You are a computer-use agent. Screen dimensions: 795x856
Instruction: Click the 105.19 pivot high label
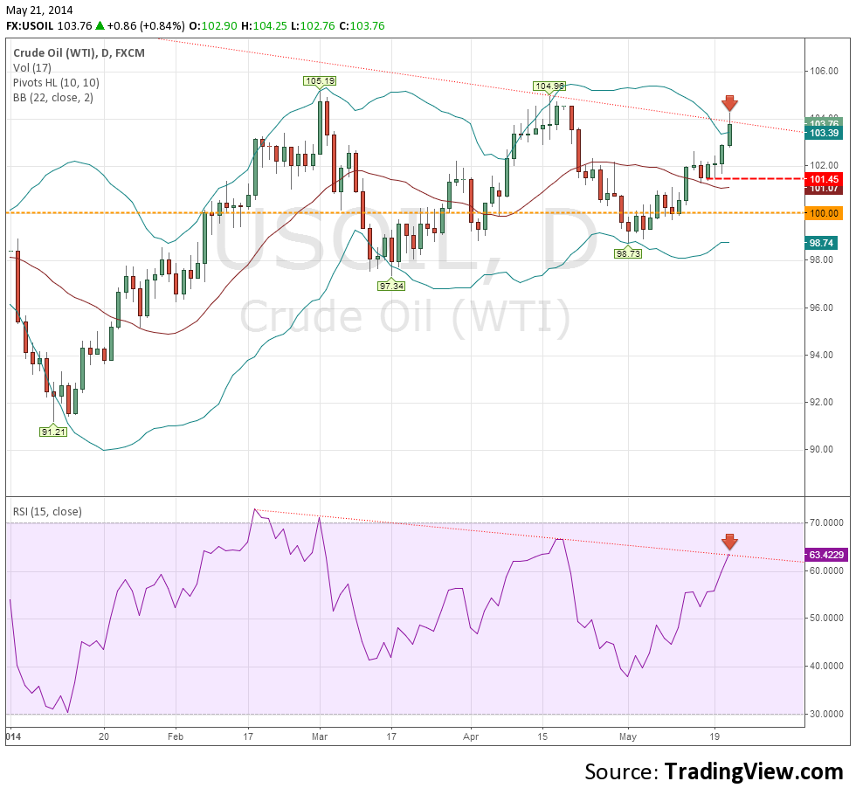[x=320, y=81]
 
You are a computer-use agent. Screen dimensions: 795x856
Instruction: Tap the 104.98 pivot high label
[x=550, y=86]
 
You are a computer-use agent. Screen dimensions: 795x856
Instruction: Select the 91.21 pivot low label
[x=52, y=432]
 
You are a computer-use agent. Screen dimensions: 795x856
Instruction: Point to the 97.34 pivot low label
[x=391, y=286]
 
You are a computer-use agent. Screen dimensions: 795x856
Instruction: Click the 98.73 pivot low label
[x=628, y=253]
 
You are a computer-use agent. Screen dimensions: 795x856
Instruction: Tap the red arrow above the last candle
[x=729, y=104]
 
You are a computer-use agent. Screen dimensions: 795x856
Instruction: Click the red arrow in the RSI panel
[x=729, y=541]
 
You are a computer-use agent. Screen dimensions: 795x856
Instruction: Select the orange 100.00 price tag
[x=825, y=212]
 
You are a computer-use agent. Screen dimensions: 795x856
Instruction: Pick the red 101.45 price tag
[x=825, y=178]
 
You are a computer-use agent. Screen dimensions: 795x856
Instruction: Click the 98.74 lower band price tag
[x=825, y=243]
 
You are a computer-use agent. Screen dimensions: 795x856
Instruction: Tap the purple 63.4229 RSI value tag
[x=825, y=554]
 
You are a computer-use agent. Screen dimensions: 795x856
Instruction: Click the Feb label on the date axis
[x=174, y=736]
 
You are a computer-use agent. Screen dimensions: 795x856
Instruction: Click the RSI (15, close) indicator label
[x=47, y=511]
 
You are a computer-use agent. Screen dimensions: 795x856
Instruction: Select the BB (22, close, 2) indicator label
[x=53, y=97]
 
